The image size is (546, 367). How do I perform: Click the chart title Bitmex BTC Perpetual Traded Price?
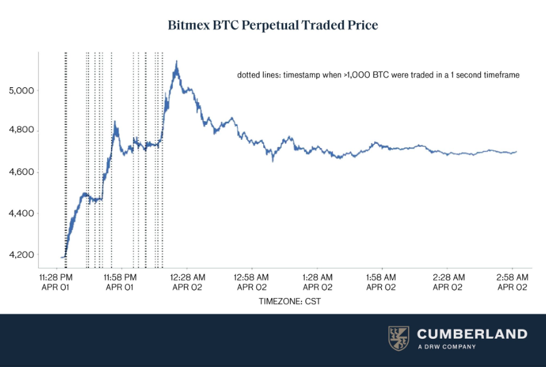[x=273, y=26]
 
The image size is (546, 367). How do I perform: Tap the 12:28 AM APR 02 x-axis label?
[x=188, y=282]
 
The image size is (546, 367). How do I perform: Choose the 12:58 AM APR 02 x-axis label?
[x=253, y=282]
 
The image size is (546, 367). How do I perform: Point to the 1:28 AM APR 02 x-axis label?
[x=317, y=282]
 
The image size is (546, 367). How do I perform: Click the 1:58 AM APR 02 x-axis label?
[x=381, y=282]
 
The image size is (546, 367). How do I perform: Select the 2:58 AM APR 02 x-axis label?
[x=513, y=282]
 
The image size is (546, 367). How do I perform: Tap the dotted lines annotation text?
[x=378, y=75]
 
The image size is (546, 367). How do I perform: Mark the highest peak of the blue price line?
[x=177, y=61]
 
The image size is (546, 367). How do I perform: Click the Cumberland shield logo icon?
[x=399, y=338]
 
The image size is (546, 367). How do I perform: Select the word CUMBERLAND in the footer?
[x=472, y=334]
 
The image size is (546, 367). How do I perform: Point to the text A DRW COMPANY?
[x=446, y=347]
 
